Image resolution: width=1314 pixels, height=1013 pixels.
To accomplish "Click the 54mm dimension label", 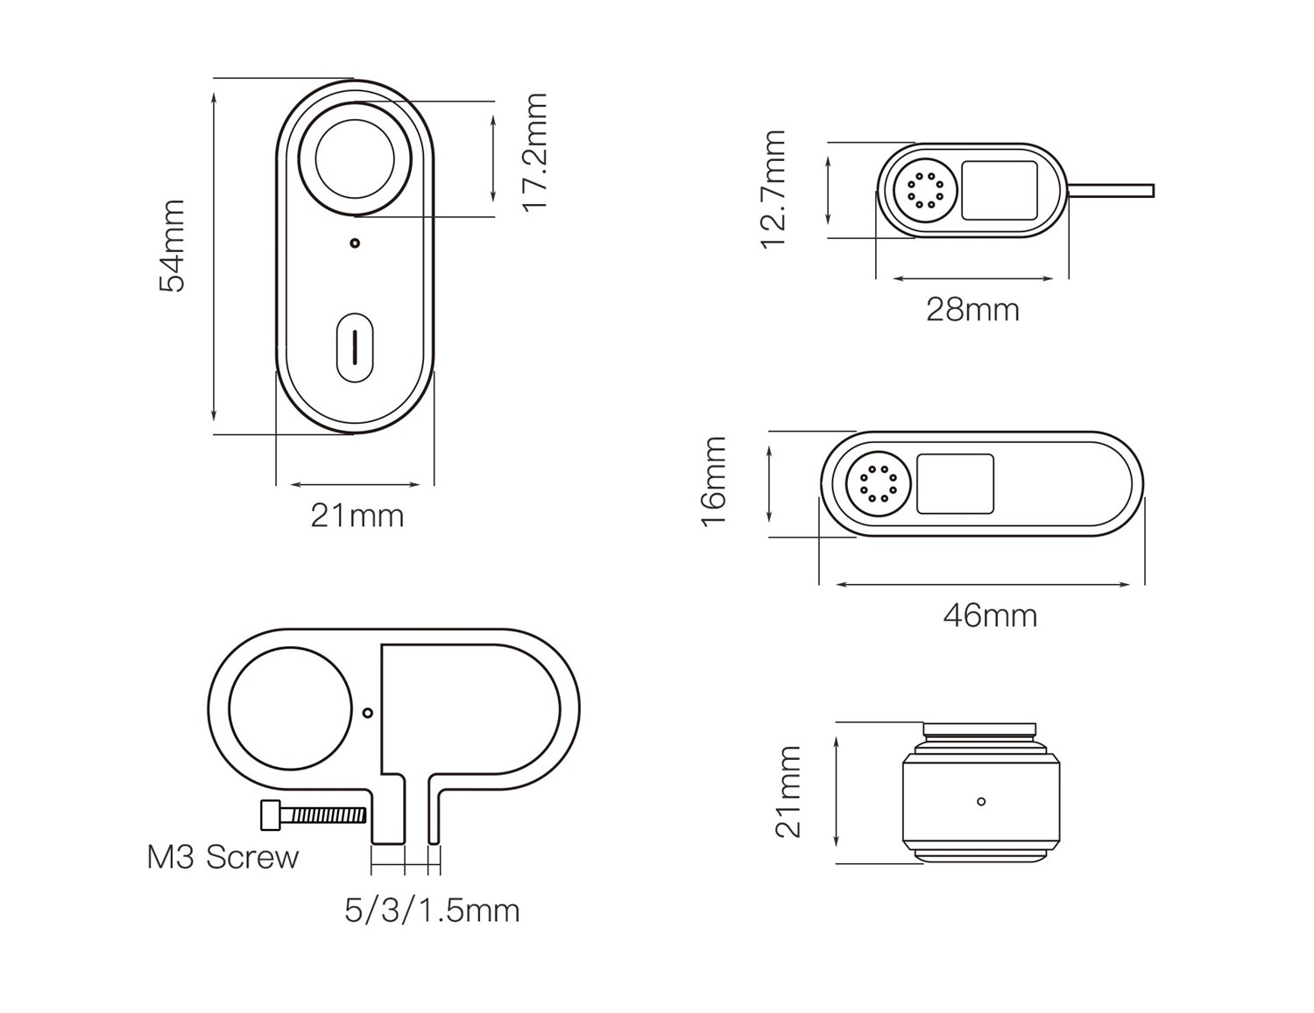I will pos(173,246).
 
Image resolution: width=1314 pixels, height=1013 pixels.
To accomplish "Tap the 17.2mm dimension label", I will pos(533,151).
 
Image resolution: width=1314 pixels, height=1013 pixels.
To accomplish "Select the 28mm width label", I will pos(972,310).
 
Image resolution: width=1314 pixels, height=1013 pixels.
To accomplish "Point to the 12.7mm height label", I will pos(774,189).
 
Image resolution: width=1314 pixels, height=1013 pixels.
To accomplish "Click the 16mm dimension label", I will pos(714,482).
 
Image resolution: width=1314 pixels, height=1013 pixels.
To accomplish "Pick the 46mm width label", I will pos(990,616).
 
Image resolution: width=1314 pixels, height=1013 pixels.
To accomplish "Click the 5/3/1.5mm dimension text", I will pos(432,911).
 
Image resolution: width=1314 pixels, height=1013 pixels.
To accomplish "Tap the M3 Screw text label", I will pos(223,857).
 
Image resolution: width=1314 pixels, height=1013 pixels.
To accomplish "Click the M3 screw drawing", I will pos(313,815).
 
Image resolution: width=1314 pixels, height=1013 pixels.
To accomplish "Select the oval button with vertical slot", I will pos(355,348).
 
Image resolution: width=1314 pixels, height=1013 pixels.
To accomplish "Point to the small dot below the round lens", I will pos(355,243).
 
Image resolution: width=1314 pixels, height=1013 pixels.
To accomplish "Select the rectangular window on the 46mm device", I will pos(955,484).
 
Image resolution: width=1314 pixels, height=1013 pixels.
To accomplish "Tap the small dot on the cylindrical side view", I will pos(981,801).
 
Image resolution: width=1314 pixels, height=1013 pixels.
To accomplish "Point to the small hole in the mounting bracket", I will pos(368,713).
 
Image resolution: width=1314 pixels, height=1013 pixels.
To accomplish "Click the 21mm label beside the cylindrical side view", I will pos(788,791).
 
